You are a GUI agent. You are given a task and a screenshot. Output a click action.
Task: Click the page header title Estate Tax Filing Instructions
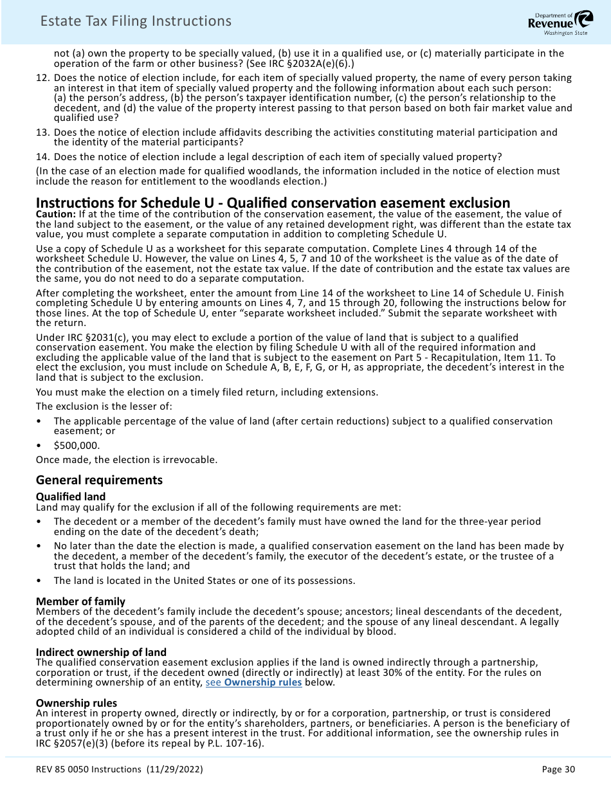[136, 21]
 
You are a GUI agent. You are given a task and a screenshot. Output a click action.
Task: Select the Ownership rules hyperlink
[253, 682]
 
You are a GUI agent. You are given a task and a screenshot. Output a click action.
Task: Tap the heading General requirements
[99, 480]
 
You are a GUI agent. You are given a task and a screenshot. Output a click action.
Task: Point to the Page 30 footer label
[558, 770]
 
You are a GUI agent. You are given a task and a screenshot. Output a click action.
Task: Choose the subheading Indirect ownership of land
[101, 652]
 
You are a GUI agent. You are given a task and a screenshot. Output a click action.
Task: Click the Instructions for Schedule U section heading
[273, 203]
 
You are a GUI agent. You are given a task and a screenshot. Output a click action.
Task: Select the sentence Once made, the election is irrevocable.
[127, 460]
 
